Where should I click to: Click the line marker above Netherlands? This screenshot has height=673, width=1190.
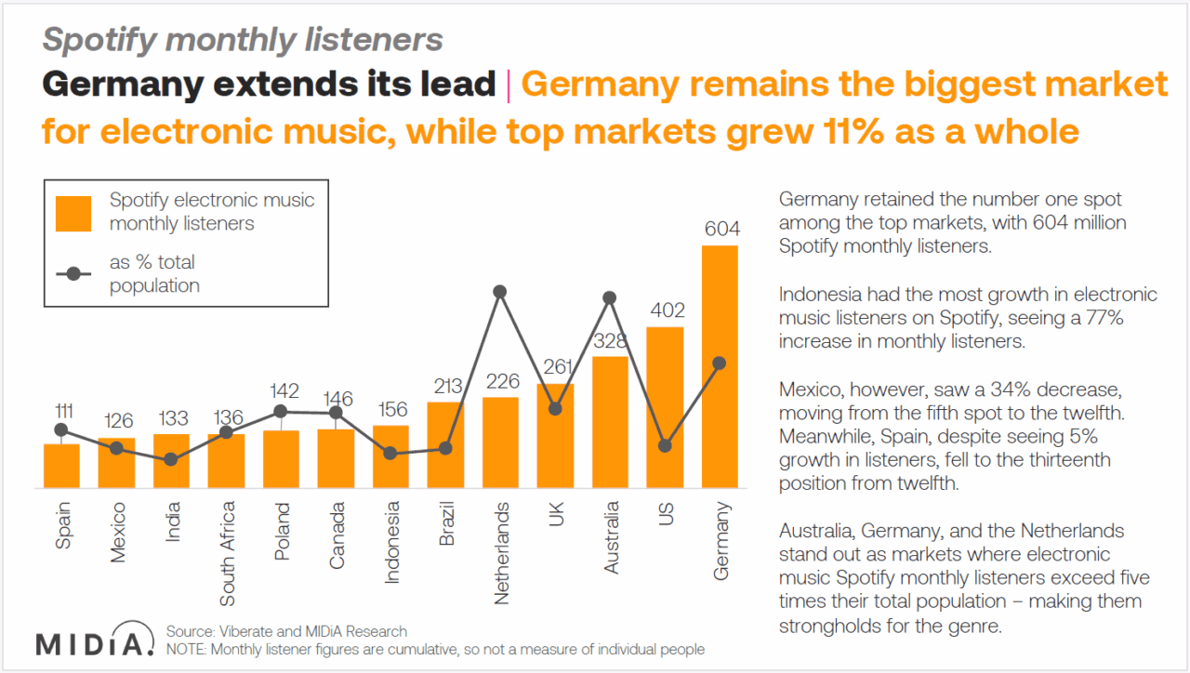point(500,291)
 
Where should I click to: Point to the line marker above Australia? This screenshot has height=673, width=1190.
point(610,297)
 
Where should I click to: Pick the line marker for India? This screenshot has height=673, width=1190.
point(171,459)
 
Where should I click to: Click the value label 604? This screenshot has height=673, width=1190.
point(720,229)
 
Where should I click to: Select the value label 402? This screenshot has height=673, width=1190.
point(666,310)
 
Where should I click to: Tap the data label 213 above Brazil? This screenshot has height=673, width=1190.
point(445,387)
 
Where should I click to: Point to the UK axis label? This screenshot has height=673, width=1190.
point(556,515)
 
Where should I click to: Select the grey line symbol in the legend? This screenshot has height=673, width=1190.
point(73,274)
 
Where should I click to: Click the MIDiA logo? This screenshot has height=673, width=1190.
point(94,641)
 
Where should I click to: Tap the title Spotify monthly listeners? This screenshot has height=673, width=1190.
point(243,39)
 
